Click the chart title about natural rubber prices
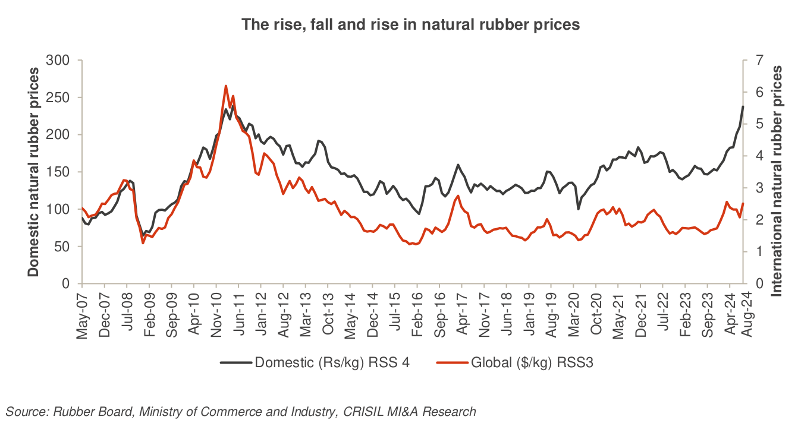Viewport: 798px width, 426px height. [410, 25]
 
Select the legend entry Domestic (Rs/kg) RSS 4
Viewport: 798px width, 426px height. [315, 362]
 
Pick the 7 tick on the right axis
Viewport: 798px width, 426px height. [756, 61]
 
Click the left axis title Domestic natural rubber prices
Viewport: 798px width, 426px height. [34, 172]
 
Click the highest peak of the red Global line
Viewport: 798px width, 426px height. [226, 86]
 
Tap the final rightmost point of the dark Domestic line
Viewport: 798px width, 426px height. [743, 106]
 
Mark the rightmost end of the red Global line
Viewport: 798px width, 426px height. [743, 204]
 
